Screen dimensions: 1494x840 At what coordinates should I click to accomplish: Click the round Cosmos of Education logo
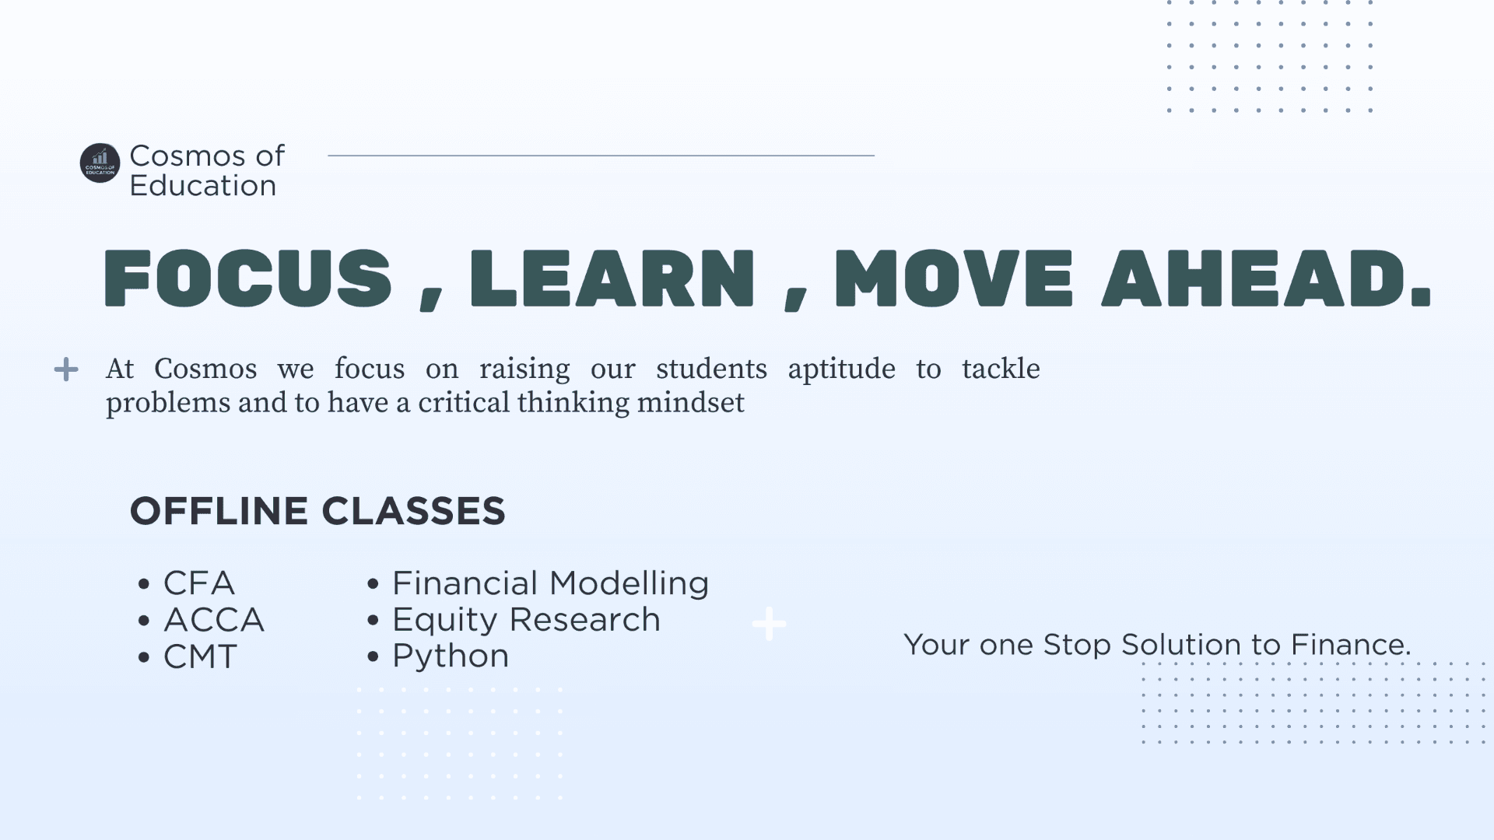click(x=100, y=163)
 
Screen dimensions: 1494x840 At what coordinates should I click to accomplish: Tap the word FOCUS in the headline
click(x=247, y=278)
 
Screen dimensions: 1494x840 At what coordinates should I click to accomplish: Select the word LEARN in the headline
click(x=612, y=278)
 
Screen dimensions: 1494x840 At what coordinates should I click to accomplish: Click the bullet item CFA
click(x=198, y=583)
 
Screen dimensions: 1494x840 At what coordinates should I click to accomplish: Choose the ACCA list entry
click(x=214, y=620)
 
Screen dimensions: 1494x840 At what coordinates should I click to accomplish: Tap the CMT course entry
click(x=200, y=656)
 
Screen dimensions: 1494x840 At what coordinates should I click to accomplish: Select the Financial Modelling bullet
click(x=550, y=583)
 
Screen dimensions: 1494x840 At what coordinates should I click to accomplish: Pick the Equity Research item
click(x=526, y=620)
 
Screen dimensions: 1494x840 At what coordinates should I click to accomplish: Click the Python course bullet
click(x=451, y=656)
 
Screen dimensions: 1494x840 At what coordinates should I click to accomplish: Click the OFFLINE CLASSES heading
click(x=317, y=511)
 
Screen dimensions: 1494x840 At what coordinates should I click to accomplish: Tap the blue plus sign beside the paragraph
click(x=66, y=369)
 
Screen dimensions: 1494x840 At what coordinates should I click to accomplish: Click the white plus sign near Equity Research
click(x=770, y=624)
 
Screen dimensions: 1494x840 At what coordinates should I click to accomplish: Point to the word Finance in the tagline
click(x=1350, y=645)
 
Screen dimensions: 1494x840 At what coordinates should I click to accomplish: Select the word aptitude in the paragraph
click(x=841, y=369)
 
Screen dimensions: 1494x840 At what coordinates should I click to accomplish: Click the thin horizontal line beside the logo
click(x=601, y=156)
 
